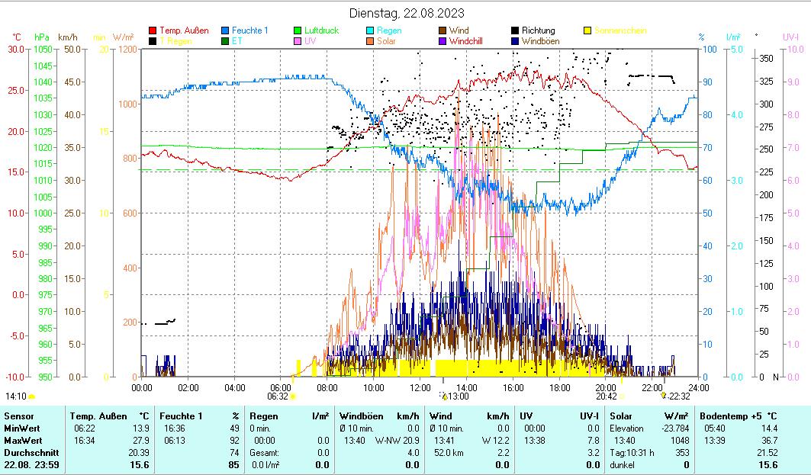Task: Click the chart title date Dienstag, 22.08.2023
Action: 407,13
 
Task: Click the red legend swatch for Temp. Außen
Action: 153,30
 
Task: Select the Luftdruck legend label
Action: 321,30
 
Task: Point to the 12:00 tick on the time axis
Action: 420,387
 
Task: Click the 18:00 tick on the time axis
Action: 559,387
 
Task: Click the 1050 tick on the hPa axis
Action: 42,50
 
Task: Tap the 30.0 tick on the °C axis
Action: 16,50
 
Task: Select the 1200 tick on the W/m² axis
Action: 127,50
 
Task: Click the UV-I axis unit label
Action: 790,37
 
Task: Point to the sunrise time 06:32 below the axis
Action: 278,396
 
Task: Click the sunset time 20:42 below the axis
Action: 606,396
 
